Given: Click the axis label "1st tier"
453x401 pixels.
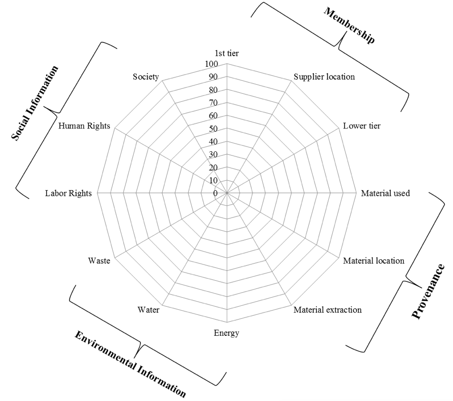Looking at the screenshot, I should (226, 53).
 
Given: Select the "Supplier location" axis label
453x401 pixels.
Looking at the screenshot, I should (324, 77).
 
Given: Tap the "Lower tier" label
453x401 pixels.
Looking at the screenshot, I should (362, 126).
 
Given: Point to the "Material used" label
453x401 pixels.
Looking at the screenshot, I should (385, 193).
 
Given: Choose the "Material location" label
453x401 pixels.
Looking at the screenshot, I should (374, 261).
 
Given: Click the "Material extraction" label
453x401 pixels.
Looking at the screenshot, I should (327, 310).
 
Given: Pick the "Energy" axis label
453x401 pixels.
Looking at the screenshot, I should (226, 333).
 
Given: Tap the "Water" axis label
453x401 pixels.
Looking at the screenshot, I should (148, 310).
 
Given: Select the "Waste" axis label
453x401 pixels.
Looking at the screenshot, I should (99, 261).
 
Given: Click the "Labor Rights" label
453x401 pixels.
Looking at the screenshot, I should (69, 193).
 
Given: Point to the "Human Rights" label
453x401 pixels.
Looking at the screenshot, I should (84, 126).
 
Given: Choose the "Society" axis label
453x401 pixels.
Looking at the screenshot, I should (146, 77).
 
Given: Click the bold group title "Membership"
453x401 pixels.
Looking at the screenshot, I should (349, 25).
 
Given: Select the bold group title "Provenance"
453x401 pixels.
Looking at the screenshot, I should (429, 291).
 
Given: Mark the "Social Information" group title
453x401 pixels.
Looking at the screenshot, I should (35, 103).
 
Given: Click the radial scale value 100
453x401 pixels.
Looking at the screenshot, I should (211, 64).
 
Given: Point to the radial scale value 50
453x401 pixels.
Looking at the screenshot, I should (213, 129).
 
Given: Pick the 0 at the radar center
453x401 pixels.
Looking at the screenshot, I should (215, 193).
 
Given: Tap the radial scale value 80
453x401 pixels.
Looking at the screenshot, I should (213, 90).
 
